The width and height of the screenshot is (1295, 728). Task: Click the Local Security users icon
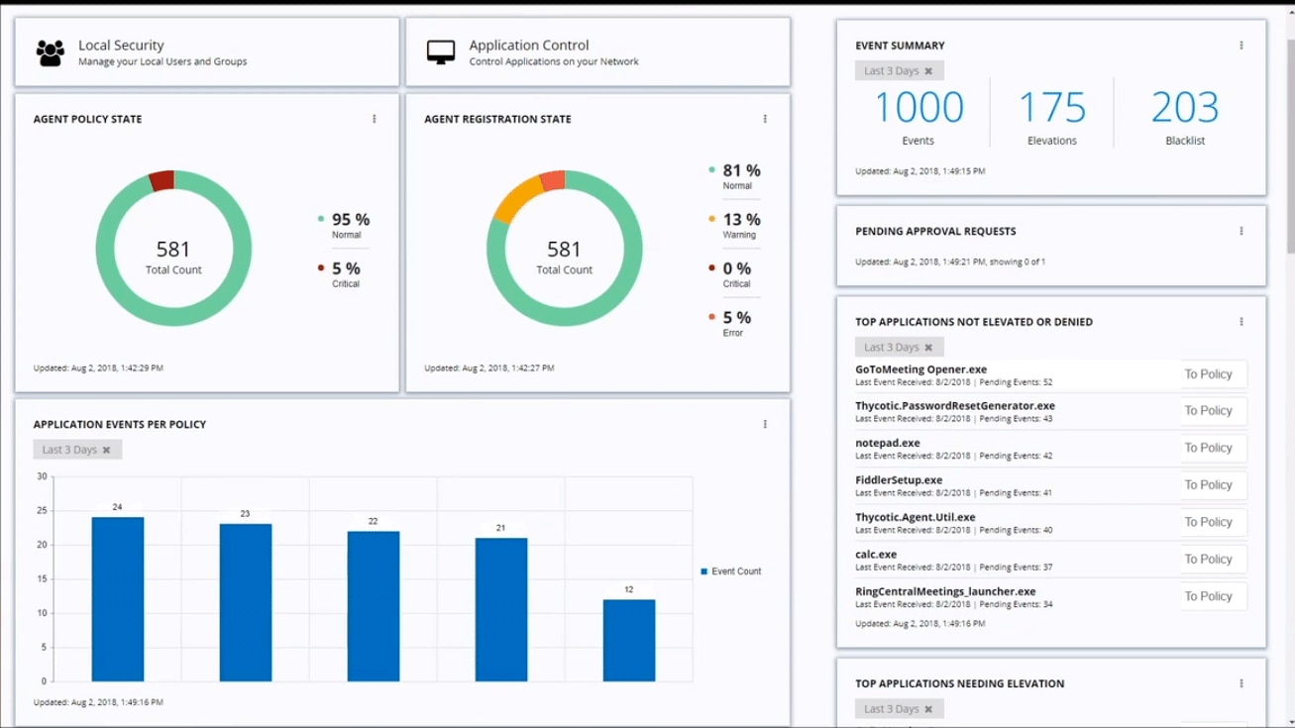click(50, 52)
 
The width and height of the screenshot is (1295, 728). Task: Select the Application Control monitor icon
click(440, 52)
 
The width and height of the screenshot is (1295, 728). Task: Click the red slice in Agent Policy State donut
click(162, 181)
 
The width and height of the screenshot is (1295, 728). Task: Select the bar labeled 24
click(117, 598)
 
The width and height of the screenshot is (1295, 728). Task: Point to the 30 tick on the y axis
click(42, 476)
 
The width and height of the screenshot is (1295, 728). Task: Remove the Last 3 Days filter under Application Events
click(107, 450)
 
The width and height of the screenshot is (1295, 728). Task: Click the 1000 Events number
click(918, 108)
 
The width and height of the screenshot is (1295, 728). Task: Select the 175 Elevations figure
click(1051, 108)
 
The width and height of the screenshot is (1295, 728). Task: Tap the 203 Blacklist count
click(1185, 108)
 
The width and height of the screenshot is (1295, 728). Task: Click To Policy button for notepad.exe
click(1208, 448)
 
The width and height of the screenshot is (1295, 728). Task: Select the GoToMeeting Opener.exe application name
click(920, 369)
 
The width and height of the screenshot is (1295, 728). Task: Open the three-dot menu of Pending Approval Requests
click(1241, 231)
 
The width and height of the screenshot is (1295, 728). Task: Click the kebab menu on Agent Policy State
click(374, 119)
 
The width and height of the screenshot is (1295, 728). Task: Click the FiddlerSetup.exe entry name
click(899, 480)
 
